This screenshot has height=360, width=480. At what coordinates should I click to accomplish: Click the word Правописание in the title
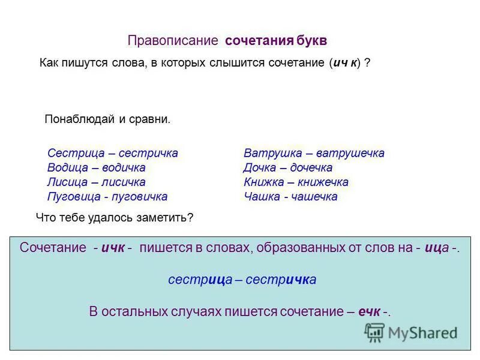pos(172,41)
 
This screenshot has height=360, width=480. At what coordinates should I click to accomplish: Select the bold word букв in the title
pos(311,41)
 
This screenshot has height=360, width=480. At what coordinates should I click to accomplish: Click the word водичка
pos(124,167)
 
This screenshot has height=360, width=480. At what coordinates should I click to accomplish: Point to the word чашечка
pos(312,196)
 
